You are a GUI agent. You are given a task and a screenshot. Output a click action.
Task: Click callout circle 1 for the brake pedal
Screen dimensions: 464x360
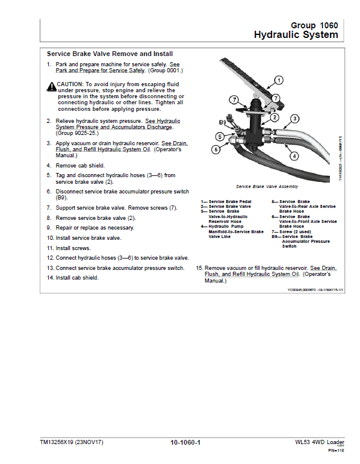279,80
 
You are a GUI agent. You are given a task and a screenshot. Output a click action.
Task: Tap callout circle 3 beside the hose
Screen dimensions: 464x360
295,119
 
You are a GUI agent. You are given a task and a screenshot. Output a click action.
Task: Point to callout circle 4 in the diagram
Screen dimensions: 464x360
294,156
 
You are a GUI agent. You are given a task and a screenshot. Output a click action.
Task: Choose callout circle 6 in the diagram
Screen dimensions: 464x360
215,149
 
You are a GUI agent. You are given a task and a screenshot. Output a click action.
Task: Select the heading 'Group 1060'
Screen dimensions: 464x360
314,25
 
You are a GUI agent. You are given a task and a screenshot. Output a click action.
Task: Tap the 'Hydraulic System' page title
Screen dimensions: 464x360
296,35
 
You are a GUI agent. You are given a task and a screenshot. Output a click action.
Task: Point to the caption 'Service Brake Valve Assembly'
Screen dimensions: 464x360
267,187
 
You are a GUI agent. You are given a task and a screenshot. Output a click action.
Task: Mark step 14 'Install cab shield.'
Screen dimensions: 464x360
73,277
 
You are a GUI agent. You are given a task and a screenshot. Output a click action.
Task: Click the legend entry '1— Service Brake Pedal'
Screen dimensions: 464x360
226,202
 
